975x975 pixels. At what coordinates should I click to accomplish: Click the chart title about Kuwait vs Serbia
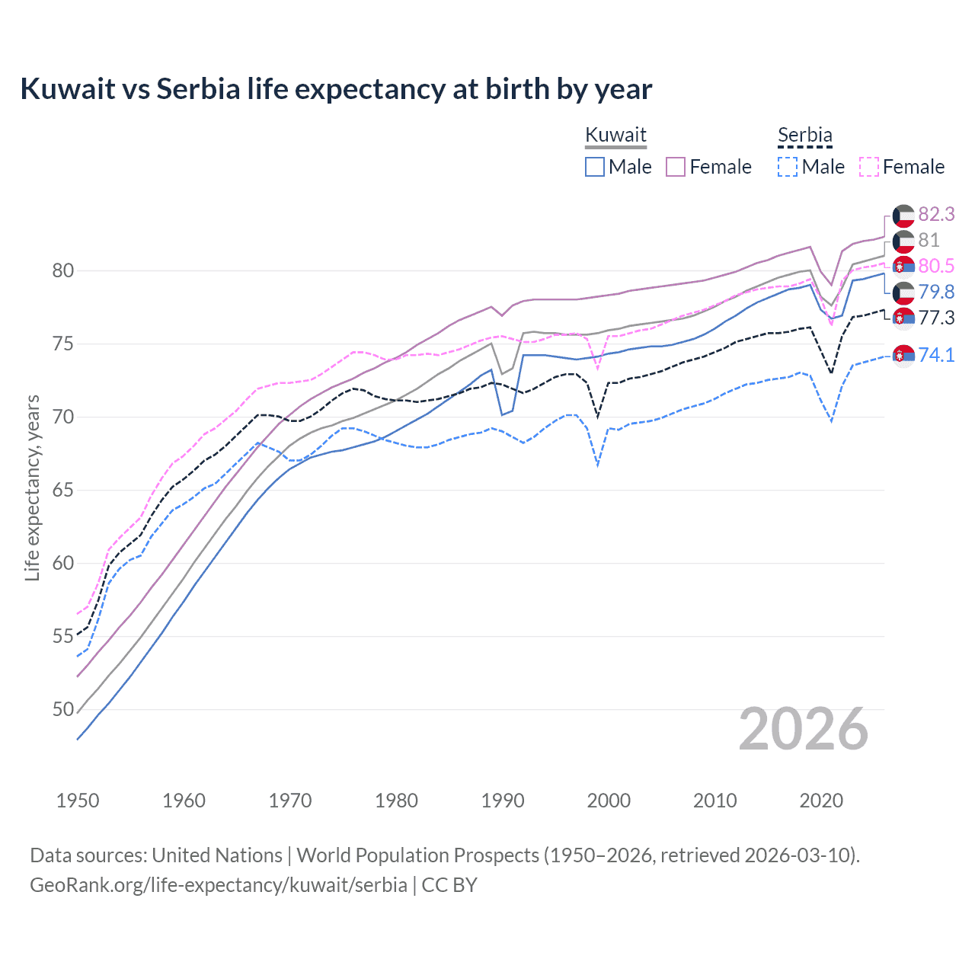336,89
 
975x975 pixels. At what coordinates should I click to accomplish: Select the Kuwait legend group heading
615,135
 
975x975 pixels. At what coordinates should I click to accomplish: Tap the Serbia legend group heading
804,135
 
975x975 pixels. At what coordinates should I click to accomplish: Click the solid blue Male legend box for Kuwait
595,167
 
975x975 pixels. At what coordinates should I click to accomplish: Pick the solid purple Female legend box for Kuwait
676,167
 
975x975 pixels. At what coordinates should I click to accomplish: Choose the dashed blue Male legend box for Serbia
788,167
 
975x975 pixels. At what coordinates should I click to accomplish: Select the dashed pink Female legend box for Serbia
869,167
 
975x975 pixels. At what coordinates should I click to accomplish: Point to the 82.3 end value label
936,214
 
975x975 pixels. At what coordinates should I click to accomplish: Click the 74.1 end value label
936,355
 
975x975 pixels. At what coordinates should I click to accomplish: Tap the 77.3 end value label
936,318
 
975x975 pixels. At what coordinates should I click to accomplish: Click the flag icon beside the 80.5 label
903,266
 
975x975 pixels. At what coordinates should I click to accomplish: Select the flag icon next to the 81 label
903,241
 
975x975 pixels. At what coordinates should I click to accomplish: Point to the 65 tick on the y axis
63,490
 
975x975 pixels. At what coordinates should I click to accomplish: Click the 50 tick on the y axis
63,709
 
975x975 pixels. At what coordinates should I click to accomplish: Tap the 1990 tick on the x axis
503,801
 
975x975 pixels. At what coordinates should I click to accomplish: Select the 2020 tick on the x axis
821,801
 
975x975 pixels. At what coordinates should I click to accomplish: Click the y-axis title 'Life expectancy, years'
32,487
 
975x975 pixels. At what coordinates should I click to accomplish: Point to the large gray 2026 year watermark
804,729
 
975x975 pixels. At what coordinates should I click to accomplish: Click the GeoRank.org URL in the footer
218,885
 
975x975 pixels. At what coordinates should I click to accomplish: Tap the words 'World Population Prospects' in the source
417,855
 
